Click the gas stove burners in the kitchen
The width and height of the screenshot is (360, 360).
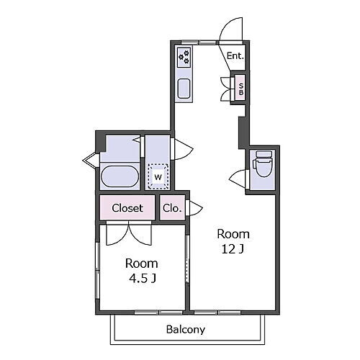coord(184,58)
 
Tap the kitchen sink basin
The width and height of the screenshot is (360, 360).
coord(184,89)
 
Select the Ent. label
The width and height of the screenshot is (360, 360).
coord(235,56)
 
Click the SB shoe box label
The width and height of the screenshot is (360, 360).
coord(241,89)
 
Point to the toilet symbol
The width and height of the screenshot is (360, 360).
coord(263,164)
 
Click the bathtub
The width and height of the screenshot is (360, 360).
coord(120,176)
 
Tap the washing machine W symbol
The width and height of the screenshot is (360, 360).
coord(158,177)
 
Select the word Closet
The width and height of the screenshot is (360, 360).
coord(127,208)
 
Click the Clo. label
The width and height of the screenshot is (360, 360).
coord(172,208)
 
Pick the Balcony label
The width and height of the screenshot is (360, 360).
coord(186,329)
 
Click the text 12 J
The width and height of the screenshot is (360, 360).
coord(233,249)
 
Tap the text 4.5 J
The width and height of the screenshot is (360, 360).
coord(143,279)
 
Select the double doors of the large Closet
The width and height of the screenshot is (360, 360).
coord(129,233)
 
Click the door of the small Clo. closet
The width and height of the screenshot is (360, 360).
coord(194,208)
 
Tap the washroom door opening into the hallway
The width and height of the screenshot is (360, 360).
coord(182,149)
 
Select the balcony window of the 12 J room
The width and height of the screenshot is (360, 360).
coord(217,312)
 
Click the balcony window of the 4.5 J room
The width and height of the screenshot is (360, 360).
coord(158,312)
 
